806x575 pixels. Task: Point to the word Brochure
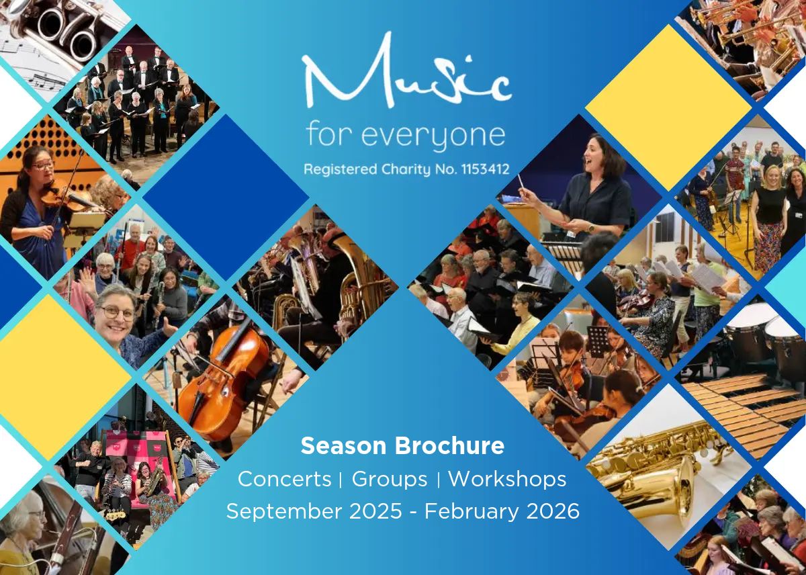point(450,445)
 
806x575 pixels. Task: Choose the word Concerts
point(284,479)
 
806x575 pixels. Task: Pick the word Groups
point(390,480)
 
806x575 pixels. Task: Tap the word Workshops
point(507,480)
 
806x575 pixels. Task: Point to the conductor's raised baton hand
point(526,195)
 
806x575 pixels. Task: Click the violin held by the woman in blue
point(64,194)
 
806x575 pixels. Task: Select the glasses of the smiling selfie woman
point(117,312)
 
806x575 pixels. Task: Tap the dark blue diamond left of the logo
point(226,197)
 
